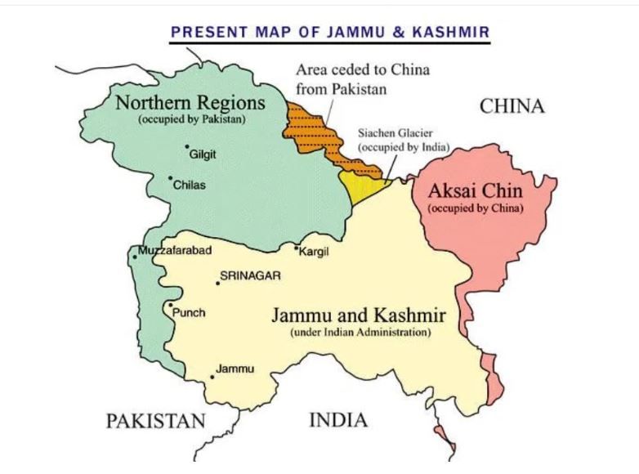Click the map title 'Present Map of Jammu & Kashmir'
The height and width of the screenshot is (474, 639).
click(329, 33)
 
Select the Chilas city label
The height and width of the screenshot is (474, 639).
click(189, 185)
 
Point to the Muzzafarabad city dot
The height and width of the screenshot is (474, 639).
click(135, 257)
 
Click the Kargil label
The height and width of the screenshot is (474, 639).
click(315, 252)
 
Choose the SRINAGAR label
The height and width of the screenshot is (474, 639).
click(250, 276)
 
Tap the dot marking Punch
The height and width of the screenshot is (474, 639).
click(170, 306)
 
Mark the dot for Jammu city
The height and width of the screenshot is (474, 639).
click(212, 377)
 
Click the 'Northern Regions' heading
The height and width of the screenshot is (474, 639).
click(190, 103)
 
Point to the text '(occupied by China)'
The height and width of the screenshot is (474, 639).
click(475, 208)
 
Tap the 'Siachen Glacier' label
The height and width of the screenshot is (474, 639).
click(394, 132)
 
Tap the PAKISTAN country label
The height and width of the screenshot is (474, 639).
click(155, 421)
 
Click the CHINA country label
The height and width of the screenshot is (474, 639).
click(512, 106)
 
